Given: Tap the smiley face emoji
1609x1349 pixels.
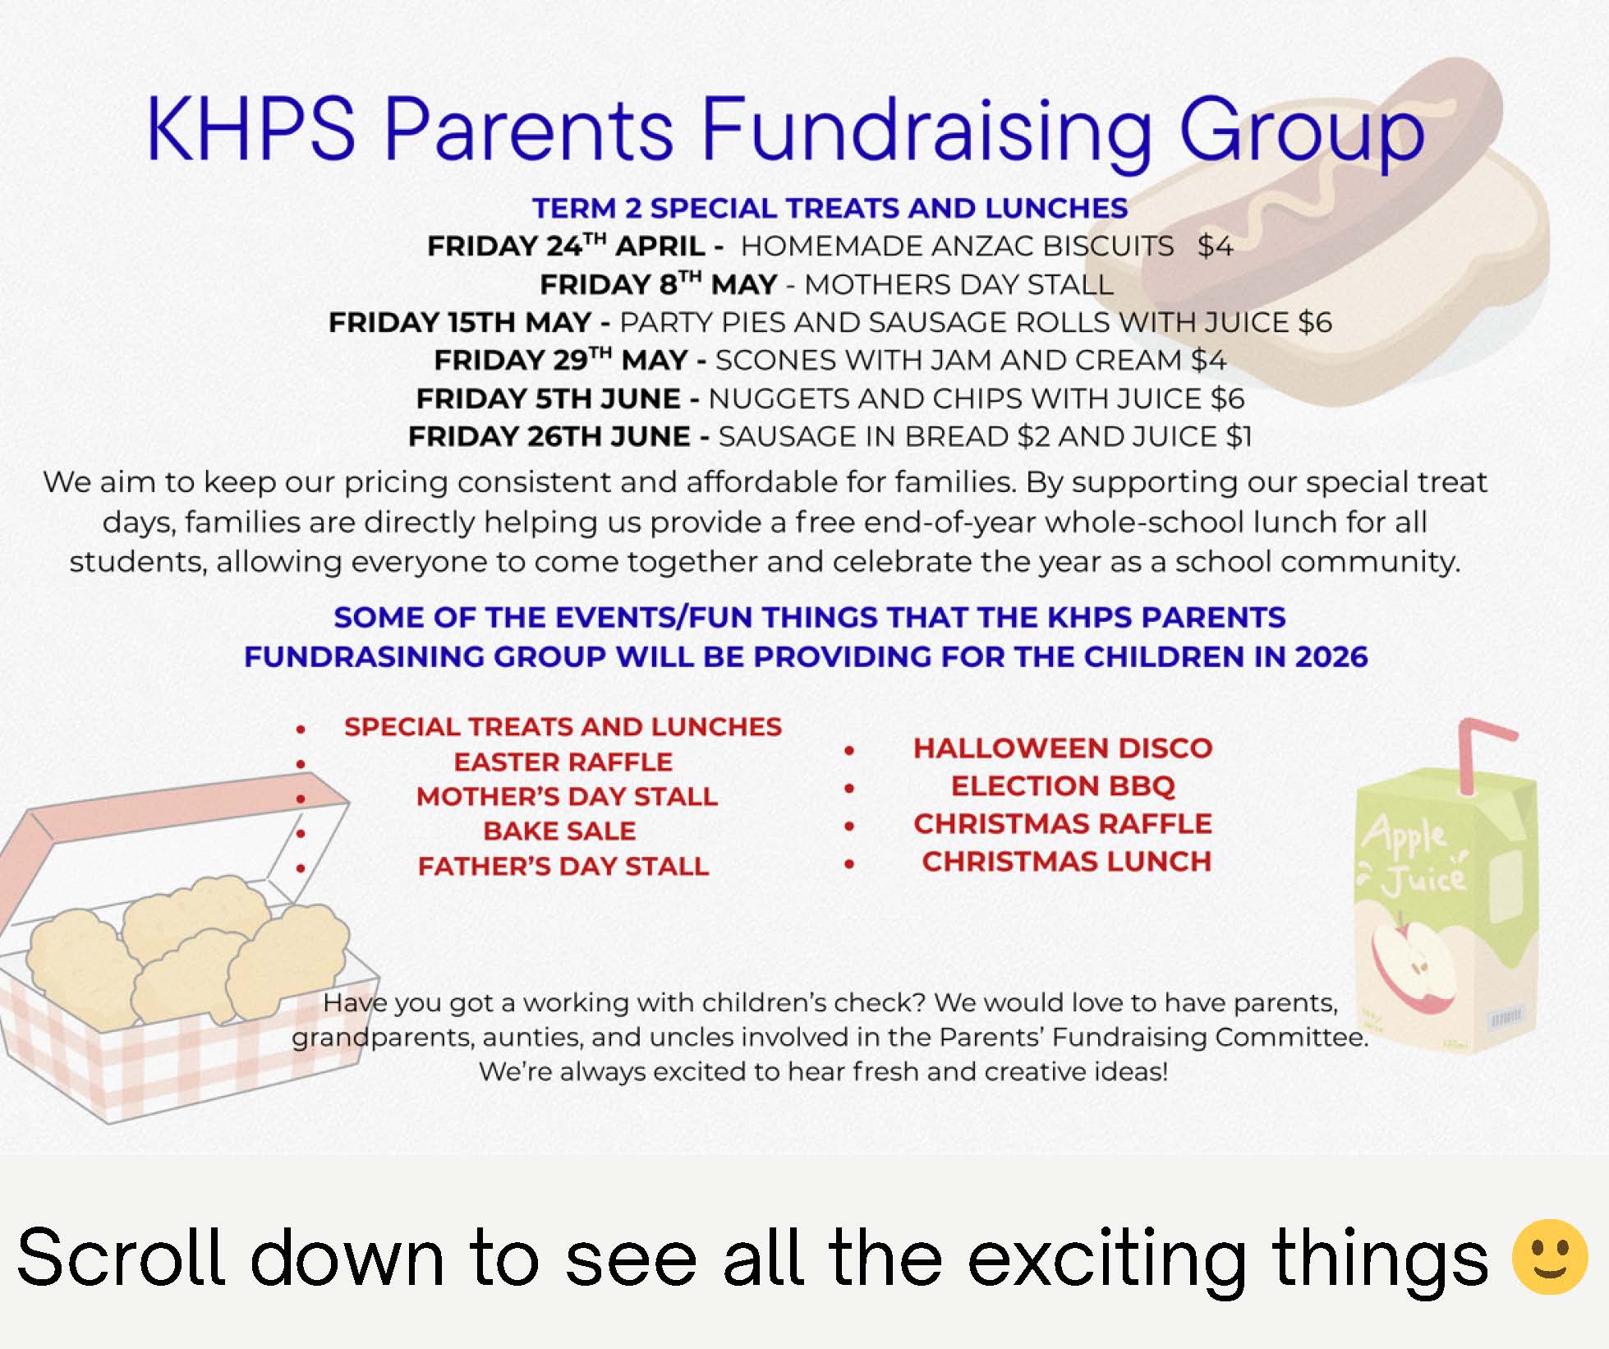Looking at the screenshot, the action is [x=1550, y=1257].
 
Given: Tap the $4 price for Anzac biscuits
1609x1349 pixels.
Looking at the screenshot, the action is [x=1216, y=246].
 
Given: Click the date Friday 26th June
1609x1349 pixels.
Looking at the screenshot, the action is [x=549, y=436].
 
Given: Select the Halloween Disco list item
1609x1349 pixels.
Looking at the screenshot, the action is [x=1063, y=748].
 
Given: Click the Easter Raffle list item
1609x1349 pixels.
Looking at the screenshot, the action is [x=563, y=762].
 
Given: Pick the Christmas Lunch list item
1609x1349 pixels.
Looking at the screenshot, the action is [x=1066, y=862].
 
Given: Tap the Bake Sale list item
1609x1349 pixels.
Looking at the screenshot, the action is [x=559, y=831].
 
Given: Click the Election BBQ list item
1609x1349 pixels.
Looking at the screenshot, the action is [x=1063, y=786].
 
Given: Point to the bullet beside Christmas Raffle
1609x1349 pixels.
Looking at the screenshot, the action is [x=849, y=826].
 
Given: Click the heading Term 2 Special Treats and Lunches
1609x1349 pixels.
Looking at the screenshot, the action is [x=830, y=209].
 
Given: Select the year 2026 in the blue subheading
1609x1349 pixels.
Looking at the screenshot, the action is [x=1331, y=657].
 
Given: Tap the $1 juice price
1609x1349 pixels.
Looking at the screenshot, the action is [x=1239, y=436].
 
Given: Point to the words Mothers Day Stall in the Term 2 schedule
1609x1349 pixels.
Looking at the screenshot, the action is [x=959, y=285].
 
